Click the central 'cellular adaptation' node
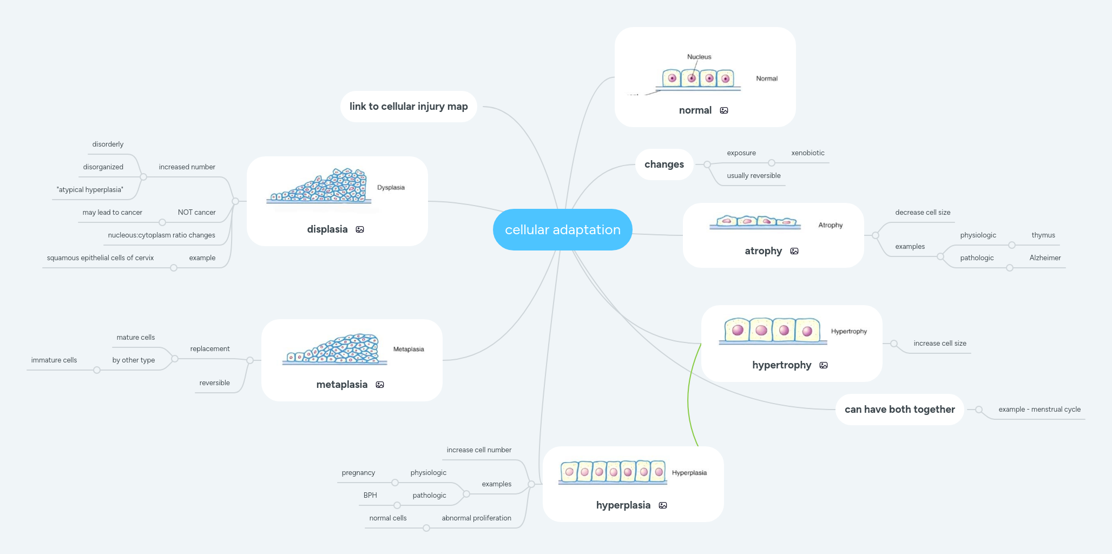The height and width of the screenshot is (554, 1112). (x=562, y=230)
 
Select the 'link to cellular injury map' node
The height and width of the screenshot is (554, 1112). (x=409, y=107)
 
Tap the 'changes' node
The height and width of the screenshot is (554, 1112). (x=664, y=164)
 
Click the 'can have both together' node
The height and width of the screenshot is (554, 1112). (x=899, y=410)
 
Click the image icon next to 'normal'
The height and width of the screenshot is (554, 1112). (x=724, y=110)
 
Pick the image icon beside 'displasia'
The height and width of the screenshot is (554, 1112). (x=360, y=229)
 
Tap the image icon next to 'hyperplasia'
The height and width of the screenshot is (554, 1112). (x=663, y=505)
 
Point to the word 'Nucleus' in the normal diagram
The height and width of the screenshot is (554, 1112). (x=699, y=57)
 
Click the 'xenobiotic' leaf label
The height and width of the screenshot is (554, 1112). (x=807, y=153)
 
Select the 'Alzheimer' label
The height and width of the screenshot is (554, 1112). (x=1045, y=258)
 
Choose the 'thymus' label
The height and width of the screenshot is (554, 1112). (x=1043, y=235)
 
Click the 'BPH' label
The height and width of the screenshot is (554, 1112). (x=370, y=496)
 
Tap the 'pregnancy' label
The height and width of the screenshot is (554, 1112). (x=358, y=473)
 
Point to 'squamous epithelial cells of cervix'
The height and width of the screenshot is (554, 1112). (x=100, y=258)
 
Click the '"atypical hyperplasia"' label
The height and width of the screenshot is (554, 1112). (x=90, y=190)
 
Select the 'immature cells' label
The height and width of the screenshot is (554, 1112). (x=54, y=360)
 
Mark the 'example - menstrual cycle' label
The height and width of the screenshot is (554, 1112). (x=1039, y=410)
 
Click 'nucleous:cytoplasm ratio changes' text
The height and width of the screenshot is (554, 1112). (x=161, y=235)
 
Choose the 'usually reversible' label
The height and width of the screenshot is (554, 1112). (x=753, y=176)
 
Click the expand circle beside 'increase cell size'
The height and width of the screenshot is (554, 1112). (x=894, y=344)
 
